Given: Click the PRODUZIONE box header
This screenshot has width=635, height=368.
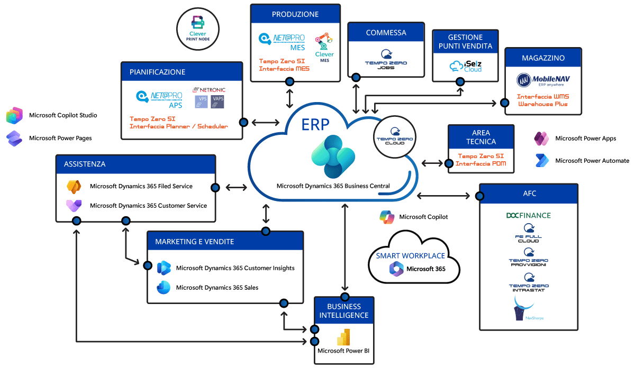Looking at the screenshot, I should click(295, 14).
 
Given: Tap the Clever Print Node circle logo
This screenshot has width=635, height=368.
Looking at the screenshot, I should click(197, 29).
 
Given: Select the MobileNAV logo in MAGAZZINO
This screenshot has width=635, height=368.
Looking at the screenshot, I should click(543, 81).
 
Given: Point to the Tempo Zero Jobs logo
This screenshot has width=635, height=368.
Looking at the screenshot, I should click(386, 59).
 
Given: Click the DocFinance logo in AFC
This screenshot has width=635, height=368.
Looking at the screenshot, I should click(528, 215).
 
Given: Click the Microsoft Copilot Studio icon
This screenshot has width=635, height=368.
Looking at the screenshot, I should click(14, 115).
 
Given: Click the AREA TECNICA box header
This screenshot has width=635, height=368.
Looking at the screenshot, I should click(481, 137).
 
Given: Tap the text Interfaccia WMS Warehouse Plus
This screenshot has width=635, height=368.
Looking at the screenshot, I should click(543, 100).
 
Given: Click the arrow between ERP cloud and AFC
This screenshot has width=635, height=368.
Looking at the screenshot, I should click(443, 196).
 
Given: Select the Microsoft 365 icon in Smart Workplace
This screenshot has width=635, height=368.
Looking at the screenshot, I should click(396, 269).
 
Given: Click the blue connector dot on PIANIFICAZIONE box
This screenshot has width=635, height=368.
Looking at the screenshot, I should click(243, 122).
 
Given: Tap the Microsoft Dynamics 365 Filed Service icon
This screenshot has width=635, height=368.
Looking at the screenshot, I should click(74, 186).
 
